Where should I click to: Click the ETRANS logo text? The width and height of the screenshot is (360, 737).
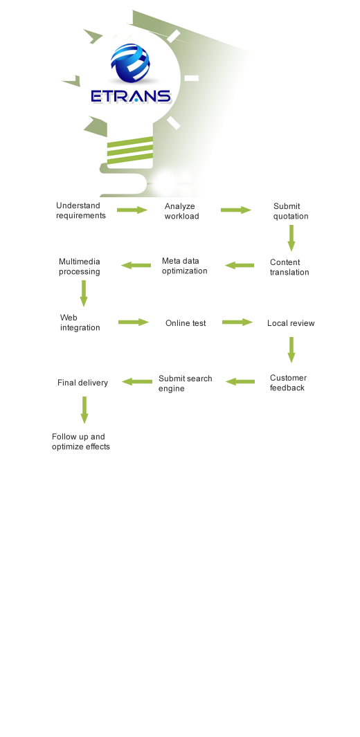131,96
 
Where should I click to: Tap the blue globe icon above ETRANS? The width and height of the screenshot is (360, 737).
130,62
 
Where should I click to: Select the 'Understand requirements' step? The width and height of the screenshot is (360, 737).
81,210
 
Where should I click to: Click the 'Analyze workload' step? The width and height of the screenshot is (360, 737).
181,211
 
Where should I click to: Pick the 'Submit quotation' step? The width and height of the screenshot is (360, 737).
291,211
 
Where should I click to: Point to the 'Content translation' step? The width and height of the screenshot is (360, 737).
289,267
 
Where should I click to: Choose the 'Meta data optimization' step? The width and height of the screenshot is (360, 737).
184,266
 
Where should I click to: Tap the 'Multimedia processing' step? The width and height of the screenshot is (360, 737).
80,266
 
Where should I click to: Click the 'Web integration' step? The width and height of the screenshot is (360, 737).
80,322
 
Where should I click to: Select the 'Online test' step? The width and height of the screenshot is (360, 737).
186,323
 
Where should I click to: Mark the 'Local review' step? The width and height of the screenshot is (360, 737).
291,323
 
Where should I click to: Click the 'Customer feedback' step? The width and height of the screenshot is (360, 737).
288,383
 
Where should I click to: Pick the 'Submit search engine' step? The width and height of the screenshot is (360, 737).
185,383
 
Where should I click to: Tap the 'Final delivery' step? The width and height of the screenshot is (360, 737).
82,383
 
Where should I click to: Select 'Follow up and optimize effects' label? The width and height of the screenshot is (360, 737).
81,442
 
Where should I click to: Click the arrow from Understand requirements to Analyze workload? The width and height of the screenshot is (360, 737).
132,210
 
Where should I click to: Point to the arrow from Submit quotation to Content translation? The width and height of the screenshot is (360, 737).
291,238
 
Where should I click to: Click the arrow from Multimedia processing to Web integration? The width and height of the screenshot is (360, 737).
84,293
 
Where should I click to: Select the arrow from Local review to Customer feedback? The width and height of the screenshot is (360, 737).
291,349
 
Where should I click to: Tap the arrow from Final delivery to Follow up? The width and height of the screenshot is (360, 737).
84,410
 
